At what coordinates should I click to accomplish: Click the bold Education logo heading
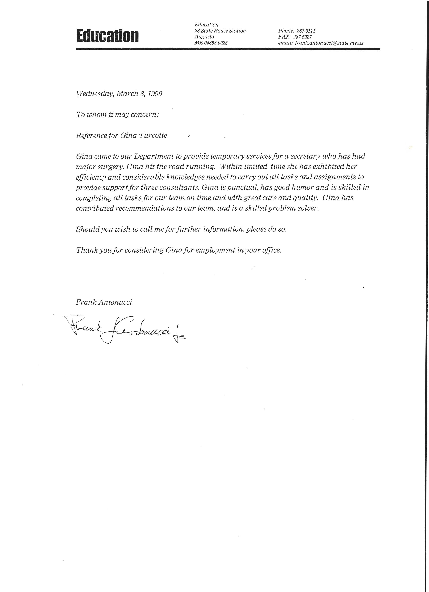[107, 36]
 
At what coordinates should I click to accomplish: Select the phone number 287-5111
[306, 31]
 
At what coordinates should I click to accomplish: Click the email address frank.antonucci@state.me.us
[329, 43]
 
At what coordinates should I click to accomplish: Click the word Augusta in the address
[204, 37]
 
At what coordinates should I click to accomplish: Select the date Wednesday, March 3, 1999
[119, 94]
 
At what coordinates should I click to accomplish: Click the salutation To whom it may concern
[117, 115]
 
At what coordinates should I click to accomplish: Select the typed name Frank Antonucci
[104, 302]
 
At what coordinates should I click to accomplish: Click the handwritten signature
[123, 329]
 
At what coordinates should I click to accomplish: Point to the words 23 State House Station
[220, 31]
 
